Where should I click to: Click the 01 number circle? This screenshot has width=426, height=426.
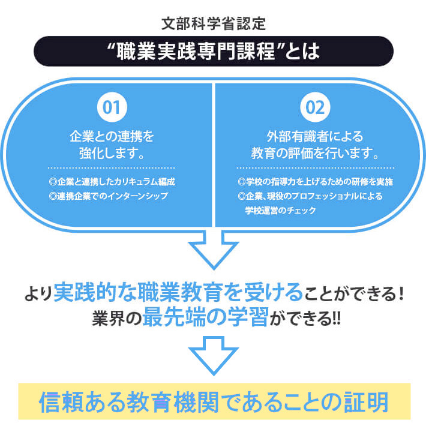(x=112, y=108)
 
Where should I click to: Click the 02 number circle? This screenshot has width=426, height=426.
(x=315, y=108)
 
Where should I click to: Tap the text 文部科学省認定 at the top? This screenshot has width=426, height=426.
(x=214, y=24)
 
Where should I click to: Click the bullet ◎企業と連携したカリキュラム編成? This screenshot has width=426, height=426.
(x=115, y=181)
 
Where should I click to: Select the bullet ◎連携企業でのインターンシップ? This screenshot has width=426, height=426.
(x=109, y=196)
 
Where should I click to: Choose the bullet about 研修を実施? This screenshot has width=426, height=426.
(x=315, y=181)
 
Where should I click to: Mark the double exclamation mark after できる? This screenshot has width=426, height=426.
(x=335, y=318)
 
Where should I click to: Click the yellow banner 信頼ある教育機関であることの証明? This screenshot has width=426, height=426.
(x=214, y=401)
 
